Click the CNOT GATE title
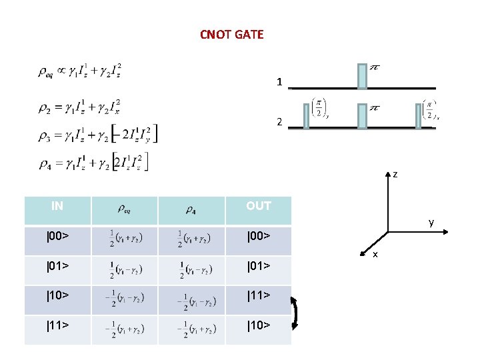pyautogui.click(x=232, y=34)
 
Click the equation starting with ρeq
pyautogui.click(x=80, y=71)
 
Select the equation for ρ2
pyautogui.click(x=79, y=106)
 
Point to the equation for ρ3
pyautogui.click(x=97, y=133)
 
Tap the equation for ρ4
pyautogui.click(x=93, y=161)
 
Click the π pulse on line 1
pyautogui.click(x=362, y=76)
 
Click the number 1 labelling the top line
pyautogui.click(x=279, y=82)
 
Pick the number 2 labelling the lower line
pyautogui.click(x=279, y=123)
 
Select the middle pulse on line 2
pyautogui.click(x=362, y=116)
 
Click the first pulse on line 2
pyautogui.click(x=305, y=116)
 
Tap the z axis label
pyautogui.click(x=395, y=174)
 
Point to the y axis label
pyautogui.click(x=431, y=222)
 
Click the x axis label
pyautogui.click(x=375, y=254)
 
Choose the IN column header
pyautogui.click(x=57, y=206)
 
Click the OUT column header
pyautogui.click(x=259, y=206)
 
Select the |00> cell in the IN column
pyautogui.click(x=57, y=235)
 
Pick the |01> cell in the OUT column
pyautogui.click(x=259, y=267)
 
